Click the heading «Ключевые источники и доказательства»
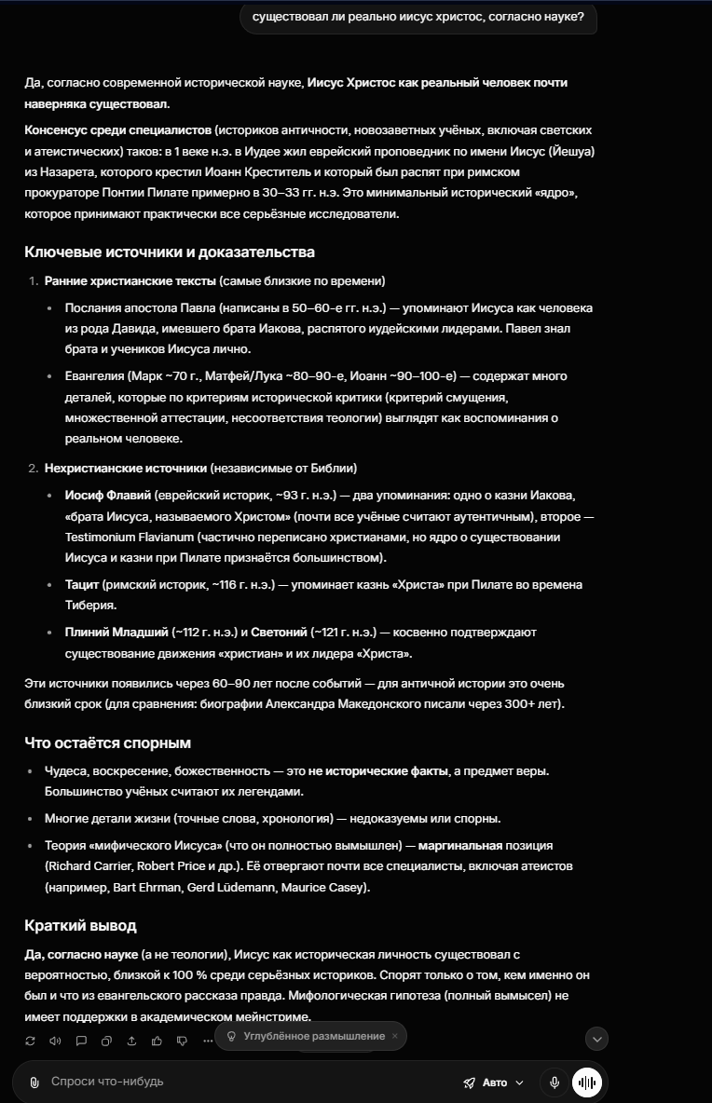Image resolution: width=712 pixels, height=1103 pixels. click(x=170, y=252)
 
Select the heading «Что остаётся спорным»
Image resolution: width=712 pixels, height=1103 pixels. click(x=108, y=743)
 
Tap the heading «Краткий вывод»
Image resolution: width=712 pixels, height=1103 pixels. click(x=80, y=926)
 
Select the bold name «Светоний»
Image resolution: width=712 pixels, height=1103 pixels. click(x=279, y=633)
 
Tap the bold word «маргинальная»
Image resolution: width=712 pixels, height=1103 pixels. click(x=460, y=846)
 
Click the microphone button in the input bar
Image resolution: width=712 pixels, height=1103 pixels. click(x=555, y=1083)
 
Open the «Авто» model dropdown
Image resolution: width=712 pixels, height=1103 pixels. click(x=495, y=1083)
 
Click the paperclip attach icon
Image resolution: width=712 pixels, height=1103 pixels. click(x=34, y=1083)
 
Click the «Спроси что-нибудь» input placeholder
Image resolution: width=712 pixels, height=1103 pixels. click(x=107, y=1082)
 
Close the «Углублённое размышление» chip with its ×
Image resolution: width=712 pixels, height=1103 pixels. click(x=394, y=1036)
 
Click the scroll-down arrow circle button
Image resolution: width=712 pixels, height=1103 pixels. click(x=596, y=1038)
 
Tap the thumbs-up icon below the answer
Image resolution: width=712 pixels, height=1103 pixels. click(x=157, y=1041)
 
